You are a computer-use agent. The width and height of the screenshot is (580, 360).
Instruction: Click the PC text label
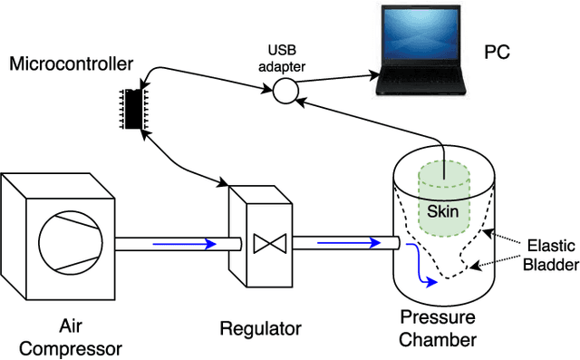(497, 52)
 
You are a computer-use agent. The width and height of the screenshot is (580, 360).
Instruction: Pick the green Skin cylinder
(445, 201)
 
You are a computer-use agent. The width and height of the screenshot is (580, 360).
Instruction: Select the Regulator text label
(261, 327)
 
